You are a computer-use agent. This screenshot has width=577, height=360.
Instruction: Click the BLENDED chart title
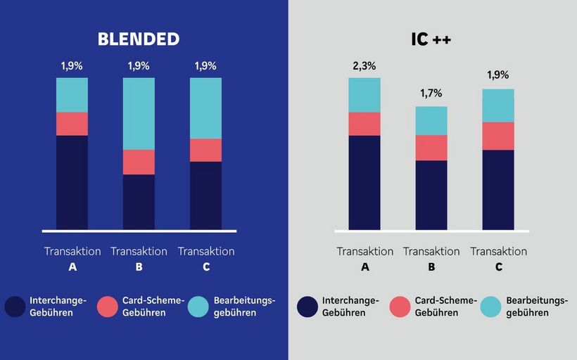(139, 39)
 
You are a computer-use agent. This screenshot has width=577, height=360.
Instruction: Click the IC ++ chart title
(431, 39)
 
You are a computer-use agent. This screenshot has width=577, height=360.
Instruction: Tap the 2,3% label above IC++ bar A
(364, 66)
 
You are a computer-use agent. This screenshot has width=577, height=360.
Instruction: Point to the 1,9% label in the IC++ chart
(497, 75)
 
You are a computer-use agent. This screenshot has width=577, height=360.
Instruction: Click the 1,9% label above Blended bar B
(139, 66)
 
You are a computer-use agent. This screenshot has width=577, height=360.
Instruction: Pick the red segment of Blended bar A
(72, 124)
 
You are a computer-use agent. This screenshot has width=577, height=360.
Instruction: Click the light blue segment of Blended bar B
(139, 113)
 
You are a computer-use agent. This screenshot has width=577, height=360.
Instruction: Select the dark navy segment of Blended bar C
(205, 195)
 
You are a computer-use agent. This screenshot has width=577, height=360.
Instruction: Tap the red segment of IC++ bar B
(431, 148)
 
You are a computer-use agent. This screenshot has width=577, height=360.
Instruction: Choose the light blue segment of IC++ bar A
(364, 95)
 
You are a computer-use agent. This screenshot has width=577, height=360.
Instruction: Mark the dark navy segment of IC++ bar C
(497, 189)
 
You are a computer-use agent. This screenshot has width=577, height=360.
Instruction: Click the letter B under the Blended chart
(139, 267)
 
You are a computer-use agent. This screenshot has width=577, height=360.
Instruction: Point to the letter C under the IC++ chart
(498, 267)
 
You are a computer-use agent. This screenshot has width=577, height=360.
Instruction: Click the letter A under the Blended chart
(72, 267)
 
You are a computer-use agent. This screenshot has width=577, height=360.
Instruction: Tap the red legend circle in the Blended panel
(107, 307)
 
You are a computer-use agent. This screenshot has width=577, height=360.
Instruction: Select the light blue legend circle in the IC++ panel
(490, 307)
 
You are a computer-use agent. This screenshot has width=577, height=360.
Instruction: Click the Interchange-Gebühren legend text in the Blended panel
(58, 307)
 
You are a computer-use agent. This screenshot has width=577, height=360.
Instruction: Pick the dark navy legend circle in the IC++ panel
(307, 307)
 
